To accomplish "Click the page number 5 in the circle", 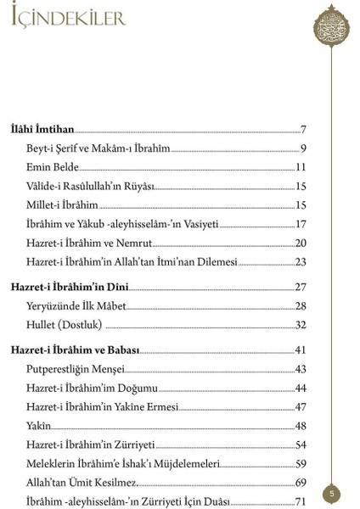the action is click(x=334, y=493).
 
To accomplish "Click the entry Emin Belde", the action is click(x=53, y=167).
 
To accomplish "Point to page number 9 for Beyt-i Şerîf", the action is click(x=303, y=148).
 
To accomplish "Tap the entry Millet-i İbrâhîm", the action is click(x=62, y=204).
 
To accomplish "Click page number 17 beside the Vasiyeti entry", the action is click(x=301, y=224).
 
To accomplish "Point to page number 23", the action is click(x=301, y=261).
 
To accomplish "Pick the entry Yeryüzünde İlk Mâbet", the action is click(x=76, y=306).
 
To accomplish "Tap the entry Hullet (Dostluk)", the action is click(x=65, y=325).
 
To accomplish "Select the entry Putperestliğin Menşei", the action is click(x=76, y=369).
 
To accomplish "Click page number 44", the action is click(x=301, y=388).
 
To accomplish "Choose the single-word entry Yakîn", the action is click(x=39, y=425).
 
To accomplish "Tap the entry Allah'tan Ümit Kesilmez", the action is click(x=82, y=482).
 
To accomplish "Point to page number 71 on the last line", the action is click(x=301, y=501).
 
